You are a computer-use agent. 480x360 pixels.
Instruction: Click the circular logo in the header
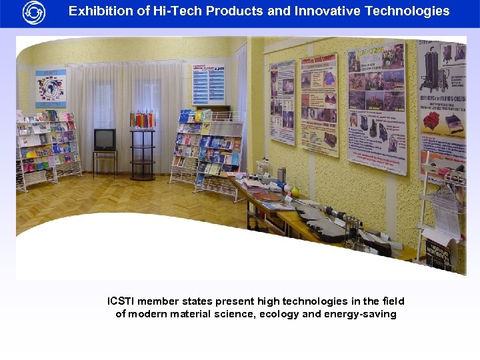click(x=33, y=12)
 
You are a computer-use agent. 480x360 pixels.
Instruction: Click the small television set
click(x=105, y=139)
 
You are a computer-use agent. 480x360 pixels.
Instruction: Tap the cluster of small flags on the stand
click(x=142, y=119)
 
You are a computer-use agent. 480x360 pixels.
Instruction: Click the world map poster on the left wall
click(x=51, y=88)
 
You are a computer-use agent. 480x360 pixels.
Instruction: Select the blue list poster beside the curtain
click(x=209, y=84)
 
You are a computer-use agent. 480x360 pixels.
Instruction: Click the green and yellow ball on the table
click(x=295, y=191)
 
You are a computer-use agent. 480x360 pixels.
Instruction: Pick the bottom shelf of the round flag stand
click(x=142, y=175)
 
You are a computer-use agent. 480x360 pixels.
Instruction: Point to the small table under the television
click(x=105, y=160)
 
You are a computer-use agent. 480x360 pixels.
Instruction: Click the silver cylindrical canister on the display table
click(x=281, y=175)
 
